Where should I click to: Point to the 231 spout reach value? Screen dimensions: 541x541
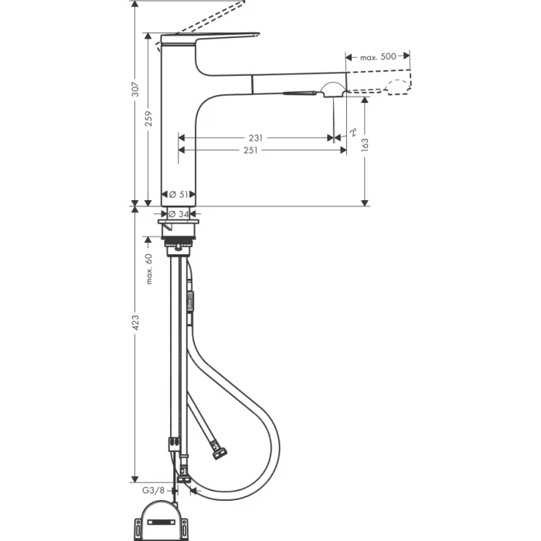pyautogui.click(x=256, y=138)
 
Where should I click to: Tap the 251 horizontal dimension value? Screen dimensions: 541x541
pyautogui.click(x=251, y=151)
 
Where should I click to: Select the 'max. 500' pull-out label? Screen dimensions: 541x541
pyautogui.click(x=378, y=56)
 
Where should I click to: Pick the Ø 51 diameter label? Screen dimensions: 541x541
pyautogui.click(x=179, y=194)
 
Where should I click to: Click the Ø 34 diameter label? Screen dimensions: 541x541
pyautogui.click(x=179, y=214)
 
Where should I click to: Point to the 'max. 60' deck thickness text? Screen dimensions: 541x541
pyautogui.click(x=149, y=268)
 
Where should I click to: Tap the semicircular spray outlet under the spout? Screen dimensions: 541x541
pyautogui.click(x=334, y=87)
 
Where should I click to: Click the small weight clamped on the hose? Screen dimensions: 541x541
pyautogui.click(x=189, y=301)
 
